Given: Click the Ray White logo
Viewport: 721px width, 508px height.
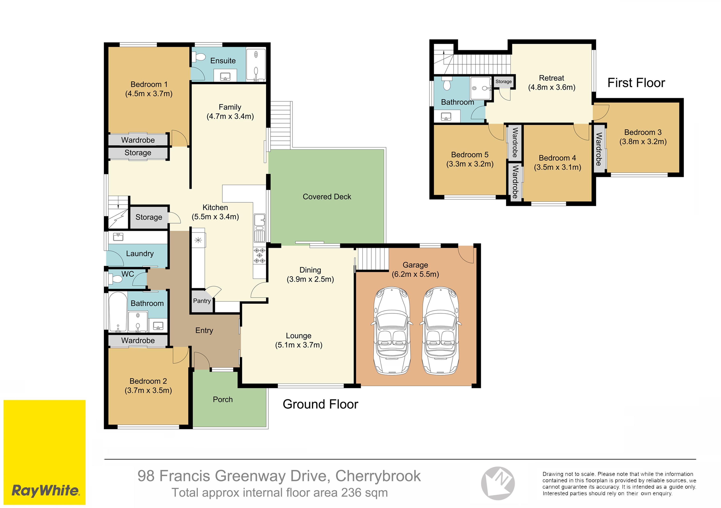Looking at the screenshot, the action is [x=45, y=452].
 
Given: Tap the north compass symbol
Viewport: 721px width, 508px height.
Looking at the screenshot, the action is [x=498, y=483].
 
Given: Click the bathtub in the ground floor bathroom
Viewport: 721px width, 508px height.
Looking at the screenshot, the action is [x=118, y=312].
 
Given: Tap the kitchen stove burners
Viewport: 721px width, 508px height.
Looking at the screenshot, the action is [x=259, y=255].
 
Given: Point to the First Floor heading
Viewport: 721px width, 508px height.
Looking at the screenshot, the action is [x=636, y=83].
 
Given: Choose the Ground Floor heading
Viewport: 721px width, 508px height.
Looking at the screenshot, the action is [x=320, y=404].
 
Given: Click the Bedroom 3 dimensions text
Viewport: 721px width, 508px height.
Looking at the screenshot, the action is [x=643, y=142].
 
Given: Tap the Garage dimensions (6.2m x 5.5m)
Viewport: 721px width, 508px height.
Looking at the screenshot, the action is [x=415, y=274].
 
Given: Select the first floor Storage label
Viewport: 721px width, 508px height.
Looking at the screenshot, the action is [x=503, y=82].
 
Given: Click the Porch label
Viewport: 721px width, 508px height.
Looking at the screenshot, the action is [x=223, y=399].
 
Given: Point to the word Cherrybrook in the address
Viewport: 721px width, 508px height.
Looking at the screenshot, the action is [x=378, y=476].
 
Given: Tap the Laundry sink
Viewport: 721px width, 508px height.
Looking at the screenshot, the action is [x=118, y=237].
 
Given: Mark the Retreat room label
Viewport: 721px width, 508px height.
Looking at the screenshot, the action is [x=551, y=78].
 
